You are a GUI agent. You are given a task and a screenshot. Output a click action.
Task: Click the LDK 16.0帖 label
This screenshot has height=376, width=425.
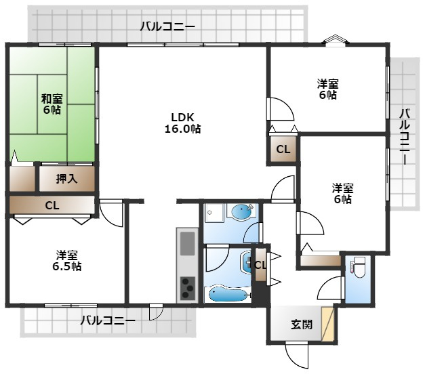point(183,123)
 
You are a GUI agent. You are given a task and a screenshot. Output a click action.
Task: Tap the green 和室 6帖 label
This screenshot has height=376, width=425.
point(52,104)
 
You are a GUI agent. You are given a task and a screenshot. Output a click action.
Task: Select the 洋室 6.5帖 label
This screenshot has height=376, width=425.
point(66,261)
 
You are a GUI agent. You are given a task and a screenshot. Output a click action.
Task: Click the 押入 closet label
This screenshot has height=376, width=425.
point(66,179)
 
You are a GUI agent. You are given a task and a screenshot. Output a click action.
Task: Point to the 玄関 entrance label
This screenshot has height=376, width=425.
point(302,325)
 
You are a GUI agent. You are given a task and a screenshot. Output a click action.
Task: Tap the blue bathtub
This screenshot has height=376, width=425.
point(228,293)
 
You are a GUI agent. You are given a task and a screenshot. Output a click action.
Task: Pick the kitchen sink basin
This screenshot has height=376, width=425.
point(187,243)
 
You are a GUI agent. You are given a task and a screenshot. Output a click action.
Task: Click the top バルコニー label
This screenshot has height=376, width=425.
point(167,26)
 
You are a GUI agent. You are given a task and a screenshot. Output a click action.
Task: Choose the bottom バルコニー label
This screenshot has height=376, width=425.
point(108,320)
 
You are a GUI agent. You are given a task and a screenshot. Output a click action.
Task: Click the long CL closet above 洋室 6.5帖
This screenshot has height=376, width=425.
point(52,205)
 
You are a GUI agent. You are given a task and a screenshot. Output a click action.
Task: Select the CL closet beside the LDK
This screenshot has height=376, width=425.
point(283,149)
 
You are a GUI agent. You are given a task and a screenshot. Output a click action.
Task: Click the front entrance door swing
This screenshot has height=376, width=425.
point(298,355)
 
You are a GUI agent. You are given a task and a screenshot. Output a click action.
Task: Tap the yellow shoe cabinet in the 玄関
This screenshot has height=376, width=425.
point(327,324)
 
